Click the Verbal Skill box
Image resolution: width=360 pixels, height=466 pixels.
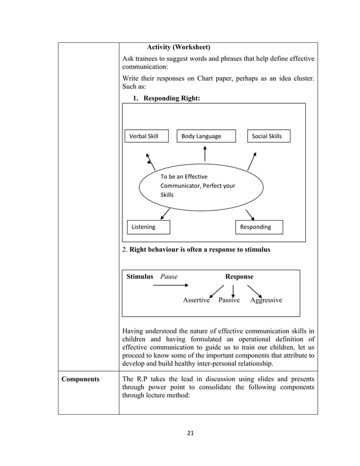click(146, 136)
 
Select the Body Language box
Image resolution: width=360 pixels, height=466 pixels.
click(204, 136)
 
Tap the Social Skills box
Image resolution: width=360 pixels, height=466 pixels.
click(269, 136)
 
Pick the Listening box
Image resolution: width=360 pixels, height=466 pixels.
click(148, 227)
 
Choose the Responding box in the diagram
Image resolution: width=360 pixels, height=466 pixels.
click(258, 227)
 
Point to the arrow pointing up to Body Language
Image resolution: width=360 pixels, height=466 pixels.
click(205, 154)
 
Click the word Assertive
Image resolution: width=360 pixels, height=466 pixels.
click(196, 300)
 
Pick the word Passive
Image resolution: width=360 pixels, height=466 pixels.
click(229, 300)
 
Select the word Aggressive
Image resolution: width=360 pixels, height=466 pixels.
click(266, 300)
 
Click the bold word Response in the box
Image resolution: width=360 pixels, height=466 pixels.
click(239, 277)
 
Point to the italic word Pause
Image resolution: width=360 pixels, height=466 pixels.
click(169, 277)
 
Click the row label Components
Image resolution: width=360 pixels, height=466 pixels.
click(81, 379)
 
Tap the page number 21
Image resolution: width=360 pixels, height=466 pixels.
click(190, 433)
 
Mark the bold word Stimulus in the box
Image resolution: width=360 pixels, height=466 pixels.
click(140, 277)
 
